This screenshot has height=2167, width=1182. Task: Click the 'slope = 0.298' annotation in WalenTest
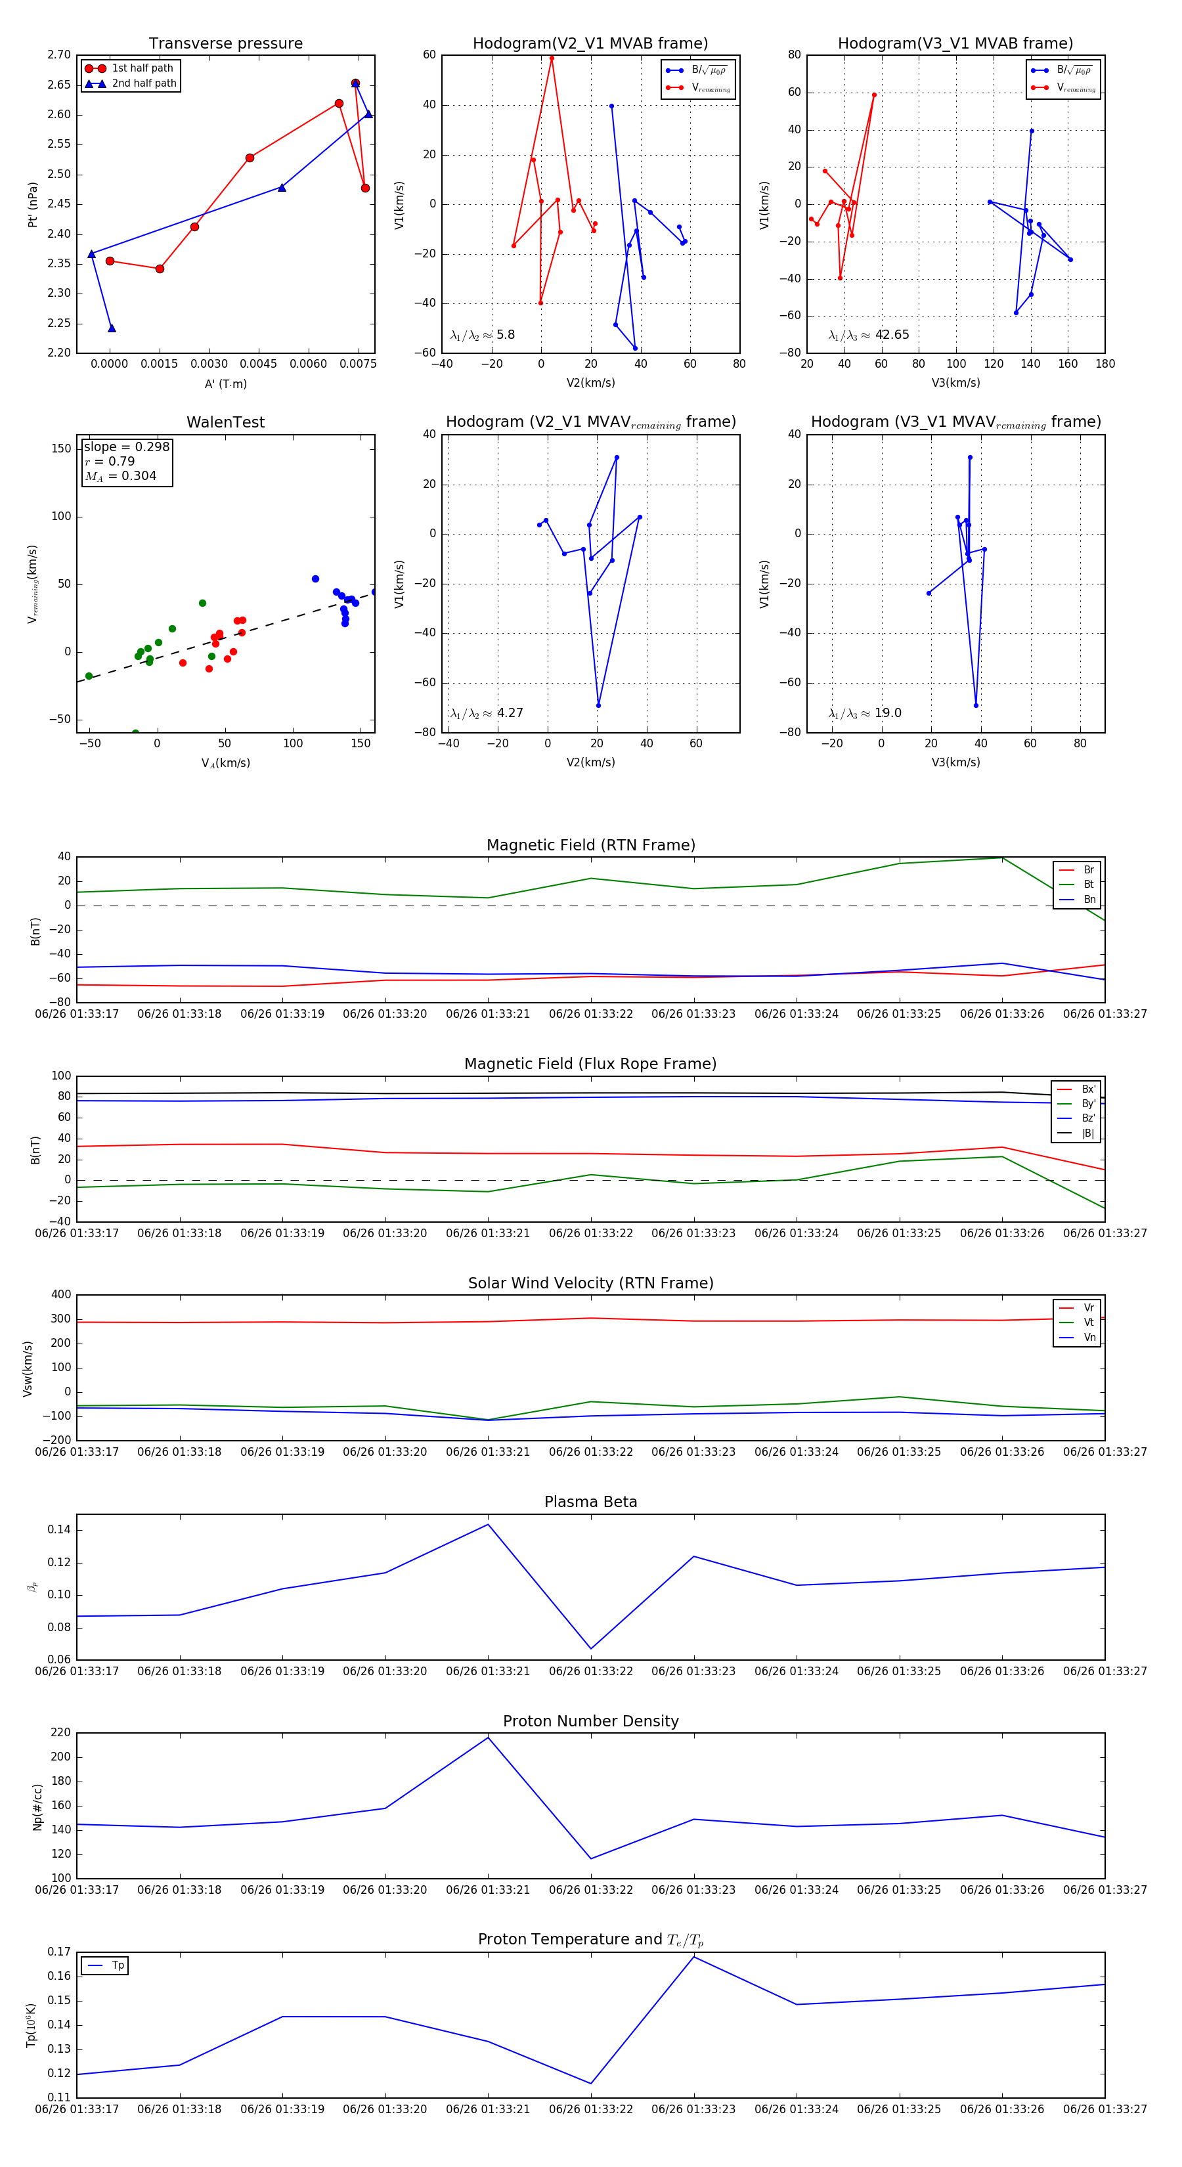tap(126, 447)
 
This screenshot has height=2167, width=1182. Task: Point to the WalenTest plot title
tap(225, 422)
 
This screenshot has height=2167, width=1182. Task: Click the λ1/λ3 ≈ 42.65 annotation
tap(868, 335)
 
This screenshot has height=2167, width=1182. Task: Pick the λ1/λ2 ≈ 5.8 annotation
tap(482, 335)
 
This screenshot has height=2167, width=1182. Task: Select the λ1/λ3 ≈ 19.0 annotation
tap(865, 713)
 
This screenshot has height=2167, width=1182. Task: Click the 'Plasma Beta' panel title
tap(590, 1502)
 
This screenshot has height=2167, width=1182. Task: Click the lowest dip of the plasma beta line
tap(590, 1649)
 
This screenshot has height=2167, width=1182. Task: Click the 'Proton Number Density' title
tap(590, 1721)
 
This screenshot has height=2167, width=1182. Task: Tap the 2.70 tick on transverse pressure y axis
tap(59, 55)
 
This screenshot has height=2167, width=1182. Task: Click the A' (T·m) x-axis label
tap(225, 383)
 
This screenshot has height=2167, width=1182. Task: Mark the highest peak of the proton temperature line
tap(694, 1958)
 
